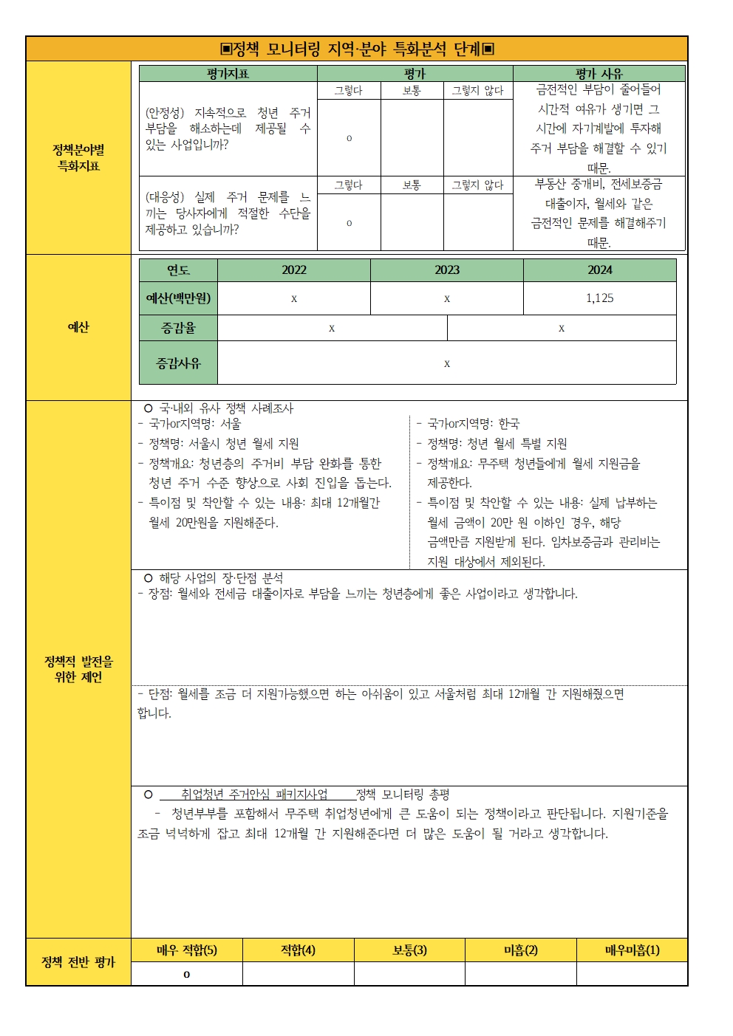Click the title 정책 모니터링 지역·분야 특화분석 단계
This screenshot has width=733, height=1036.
(x=357, y=49)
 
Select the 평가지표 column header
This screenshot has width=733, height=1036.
(x=228, y=74)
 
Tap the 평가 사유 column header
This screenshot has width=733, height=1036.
(x=599, y=74)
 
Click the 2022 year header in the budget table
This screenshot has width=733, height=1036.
(x=293, y=270)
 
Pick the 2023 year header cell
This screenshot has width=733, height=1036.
(x=446, y=270)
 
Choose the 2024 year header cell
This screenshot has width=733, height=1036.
(x=599, y=270)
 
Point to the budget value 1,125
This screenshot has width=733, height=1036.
(x=599, y=298)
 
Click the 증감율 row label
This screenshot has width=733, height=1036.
(x=178, y=328)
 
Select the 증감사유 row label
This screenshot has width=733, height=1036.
(x=178, y=363)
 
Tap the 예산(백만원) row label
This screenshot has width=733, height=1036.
(x=178, y=298)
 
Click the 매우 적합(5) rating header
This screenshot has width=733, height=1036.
(x=187, y=950)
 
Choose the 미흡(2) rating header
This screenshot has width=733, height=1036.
(x=520, y=950)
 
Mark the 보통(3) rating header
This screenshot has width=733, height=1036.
(x=409, y=950)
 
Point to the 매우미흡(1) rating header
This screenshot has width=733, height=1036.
(x=632, y=950)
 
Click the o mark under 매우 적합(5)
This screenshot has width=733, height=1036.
(x=187, y=975)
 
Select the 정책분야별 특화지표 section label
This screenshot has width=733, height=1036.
(x=78, y=157)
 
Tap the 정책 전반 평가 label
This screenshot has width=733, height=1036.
(x=78, y=962)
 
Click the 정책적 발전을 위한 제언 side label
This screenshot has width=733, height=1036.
(x=78, y=669)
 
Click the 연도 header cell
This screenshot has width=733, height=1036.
(x=178, y=270)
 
